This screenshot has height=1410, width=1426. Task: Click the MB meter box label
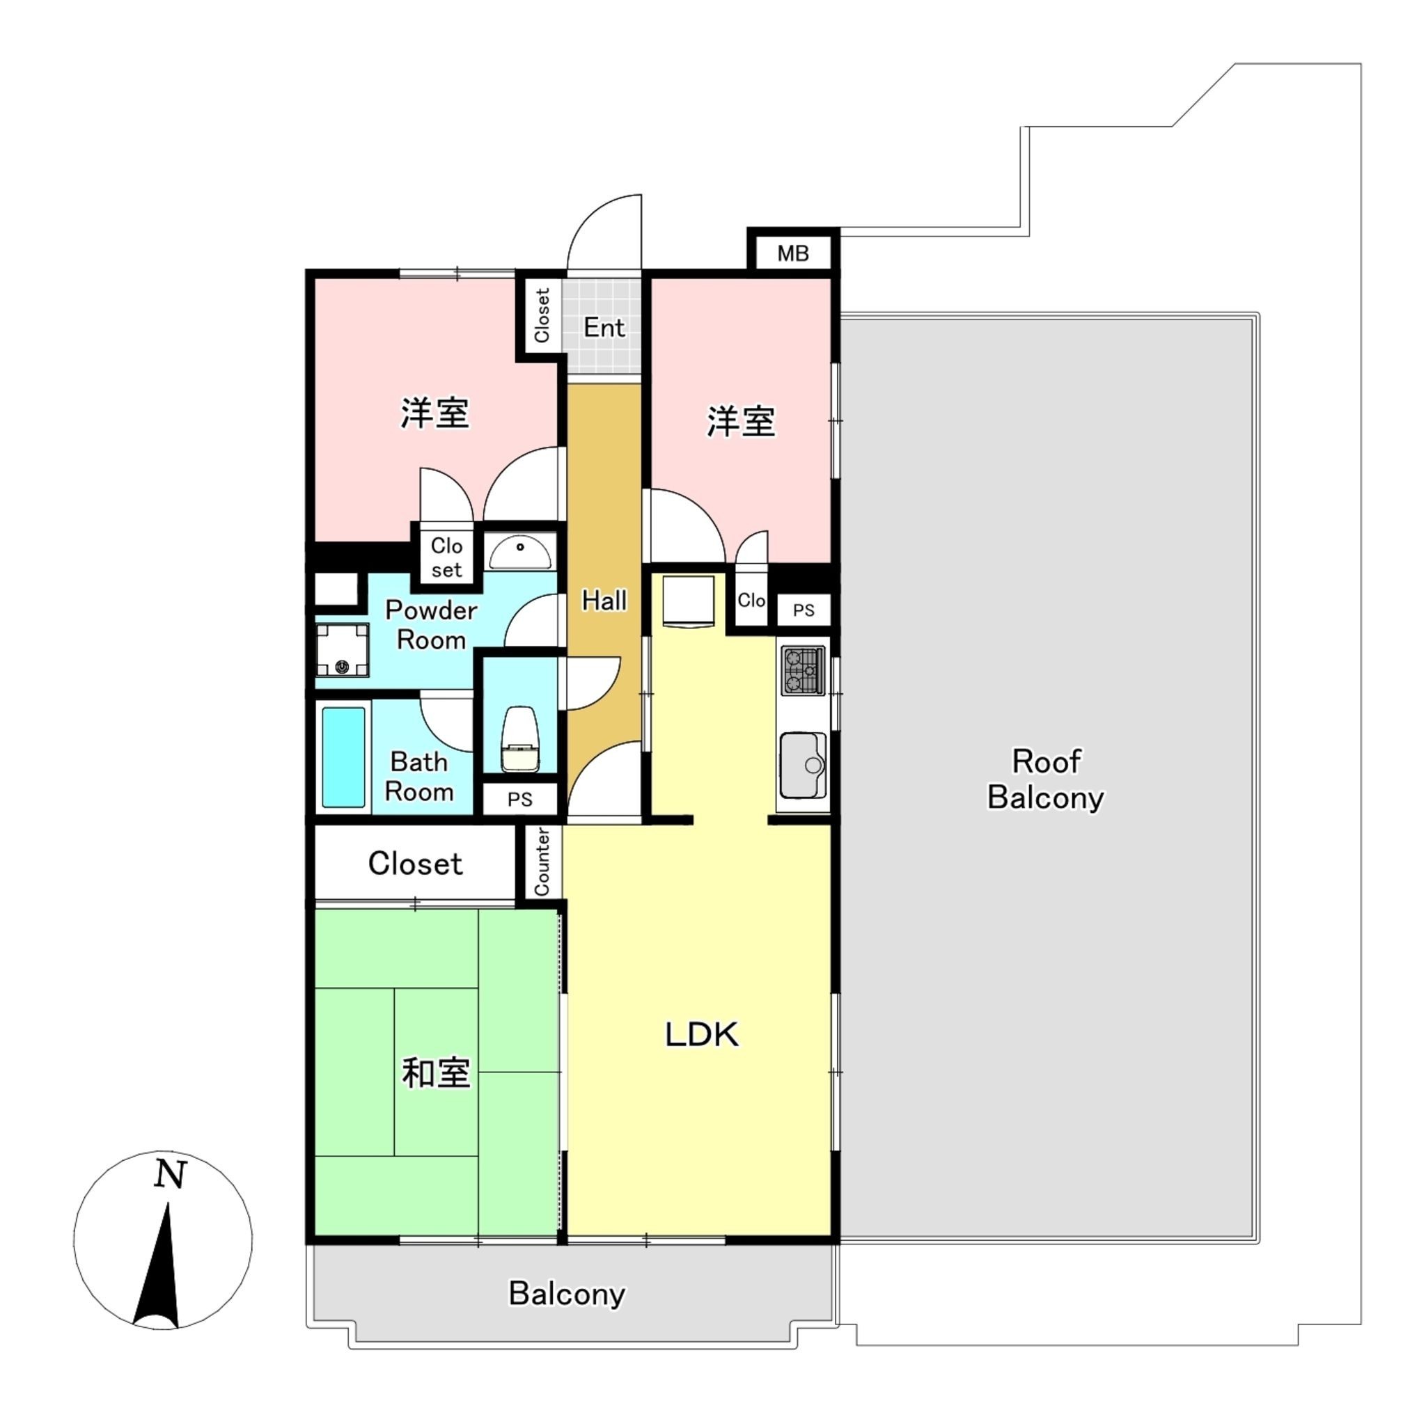(x=792, y=253)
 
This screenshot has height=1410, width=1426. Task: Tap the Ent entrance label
(x=604, y=327)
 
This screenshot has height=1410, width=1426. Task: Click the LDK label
(x=701, y=1033)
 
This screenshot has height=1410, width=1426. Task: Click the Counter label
(x=542, y=862)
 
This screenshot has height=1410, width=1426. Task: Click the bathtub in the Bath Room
(x=343, y=757)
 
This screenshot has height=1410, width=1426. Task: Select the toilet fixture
(x=519, y=739)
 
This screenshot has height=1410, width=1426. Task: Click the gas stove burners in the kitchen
(x=803, y=670)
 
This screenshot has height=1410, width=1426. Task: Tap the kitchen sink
(x=803, y=765)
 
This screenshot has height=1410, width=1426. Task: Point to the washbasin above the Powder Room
(x=520, y=553)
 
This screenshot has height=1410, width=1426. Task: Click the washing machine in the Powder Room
(x=342, y=650)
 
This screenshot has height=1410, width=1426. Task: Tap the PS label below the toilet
(x=519, y=799)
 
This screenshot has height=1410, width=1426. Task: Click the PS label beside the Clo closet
(x=803, y=610)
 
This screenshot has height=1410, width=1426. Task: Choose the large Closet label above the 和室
(x=415, y=863)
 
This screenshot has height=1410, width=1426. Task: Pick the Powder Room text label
(x=431, y=624)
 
